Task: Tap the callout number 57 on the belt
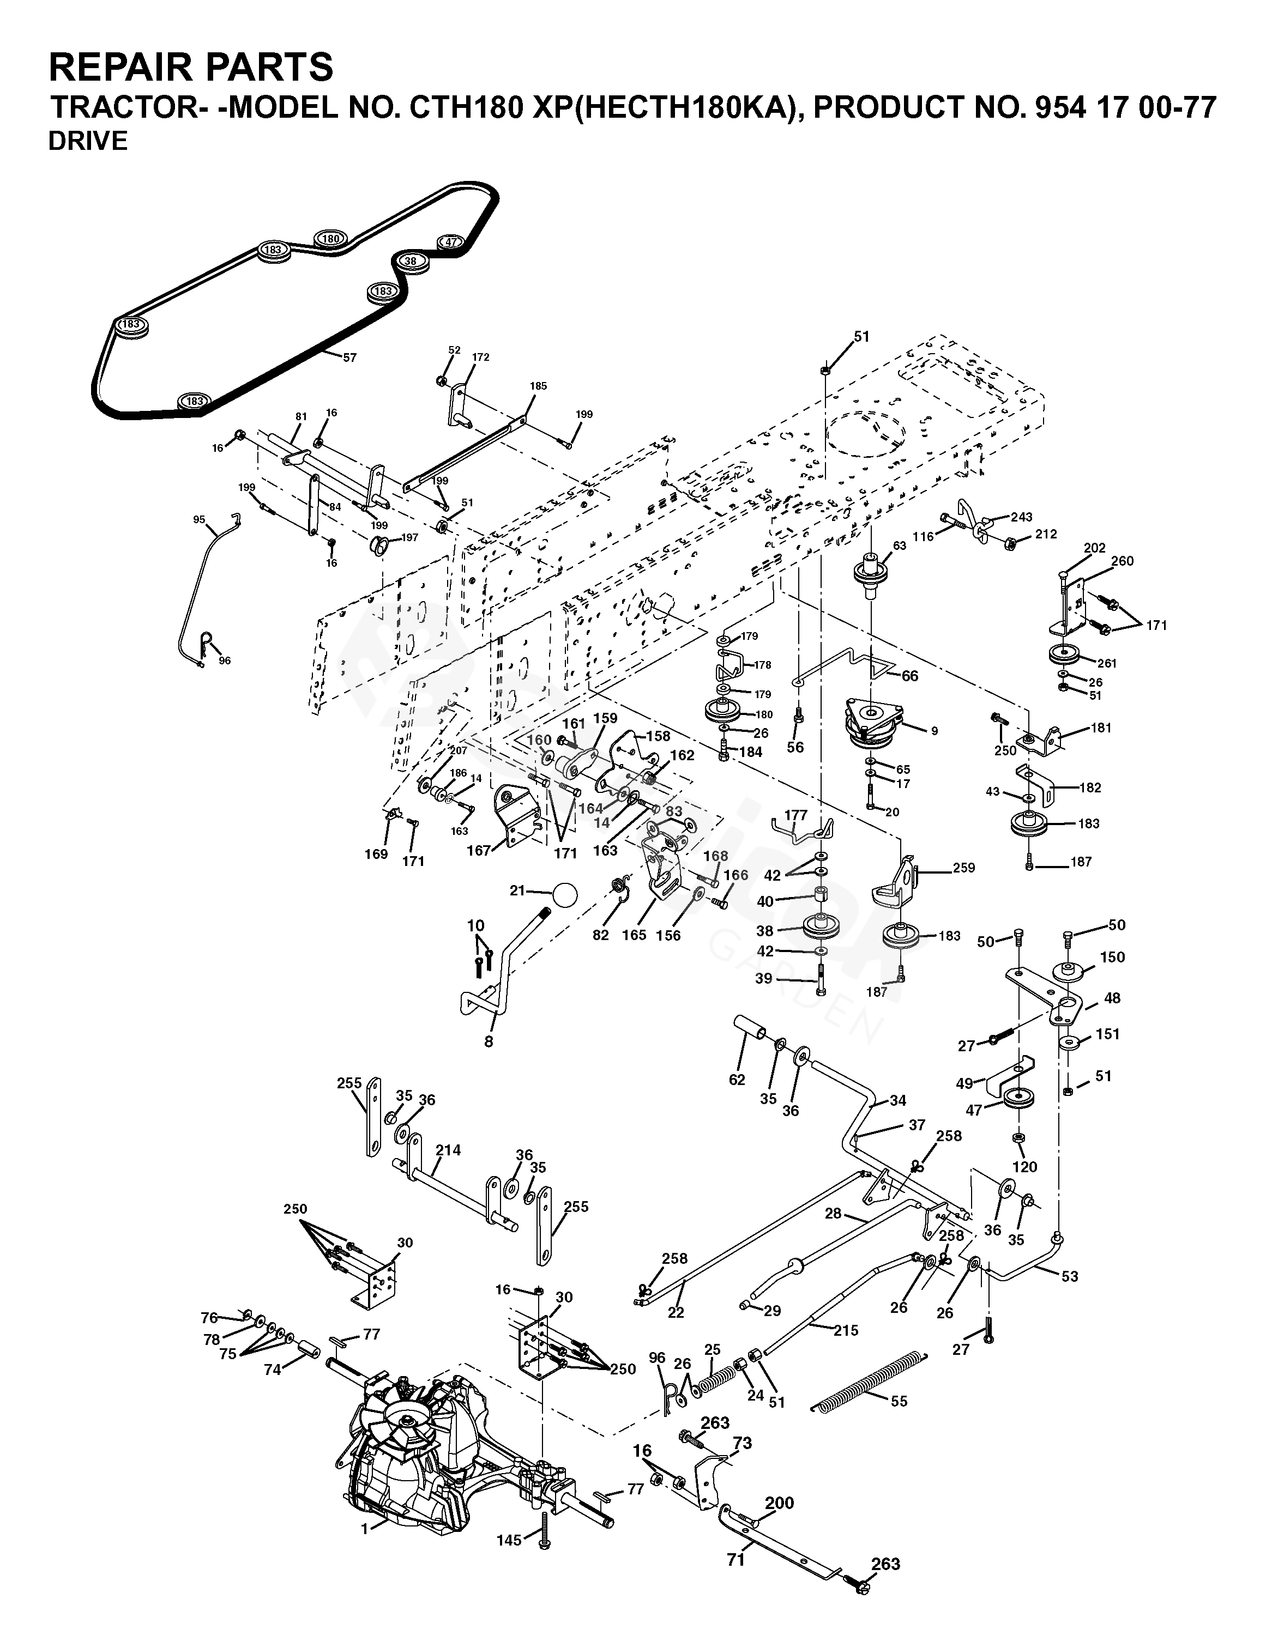point(349,358)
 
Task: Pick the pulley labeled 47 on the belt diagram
point(451,242)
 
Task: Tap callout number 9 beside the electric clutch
point(935,731)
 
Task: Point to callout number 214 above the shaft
point(448,1150)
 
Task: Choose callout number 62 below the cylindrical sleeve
point(737,1080)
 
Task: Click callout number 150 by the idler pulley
point(1112,958)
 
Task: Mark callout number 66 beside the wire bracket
point(911,676)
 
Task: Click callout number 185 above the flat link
point(538,386)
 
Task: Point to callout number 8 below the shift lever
point(489,1041)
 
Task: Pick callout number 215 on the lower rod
point(846,1331)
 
